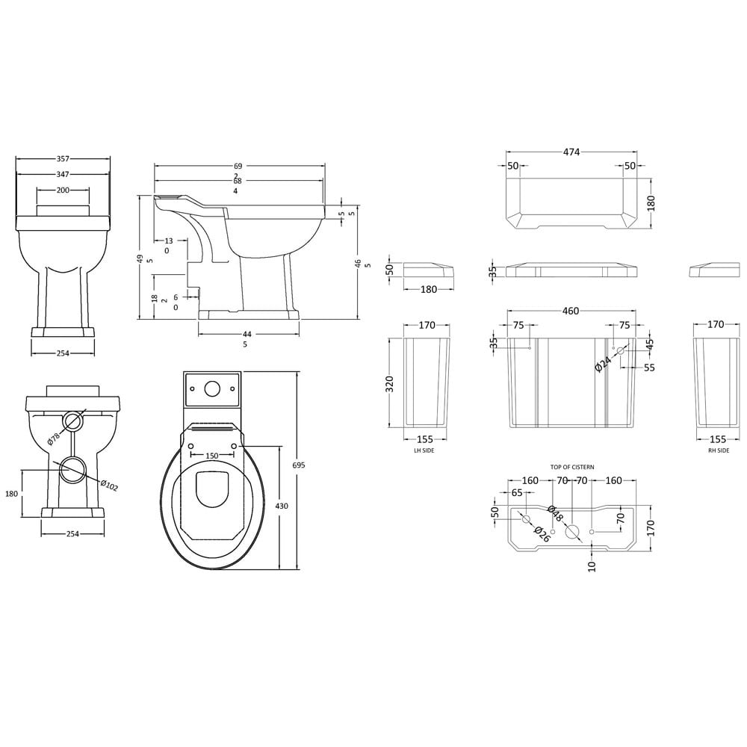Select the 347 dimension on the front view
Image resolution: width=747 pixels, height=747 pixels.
63,174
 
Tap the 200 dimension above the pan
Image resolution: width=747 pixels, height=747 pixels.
63,190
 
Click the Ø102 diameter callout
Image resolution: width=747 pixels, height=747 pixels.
109,485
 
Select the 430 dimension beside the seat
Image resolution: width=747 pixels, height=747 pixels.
282,506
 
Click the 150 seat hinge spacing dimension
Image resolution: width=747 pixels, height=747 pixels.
212,456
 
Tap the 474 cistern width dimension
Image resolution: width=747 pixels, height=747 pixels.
571,152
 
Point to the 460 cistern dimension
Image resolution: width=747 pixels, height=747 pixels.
570,311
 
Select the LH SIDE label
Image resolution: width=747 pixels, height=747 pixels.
424,450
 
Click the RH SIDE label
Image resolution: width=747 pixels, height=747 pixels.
719,450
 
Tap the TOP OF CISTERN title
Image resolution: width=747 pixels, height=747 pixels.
572,467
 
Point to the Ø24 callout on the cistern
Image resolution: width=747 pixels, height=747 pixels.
603,365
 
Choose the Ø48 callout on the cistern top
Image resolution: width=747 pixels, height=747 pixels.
555,514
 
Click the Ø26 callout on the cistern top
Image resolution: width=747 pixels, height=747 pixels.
542,534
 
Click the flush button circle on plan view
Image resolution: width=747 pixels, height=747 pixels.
212,388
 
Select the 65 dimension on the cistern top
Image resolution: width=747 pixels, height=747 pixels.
517,493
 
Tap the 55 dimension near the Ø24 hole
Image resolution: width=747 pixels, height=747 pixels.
649,368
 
